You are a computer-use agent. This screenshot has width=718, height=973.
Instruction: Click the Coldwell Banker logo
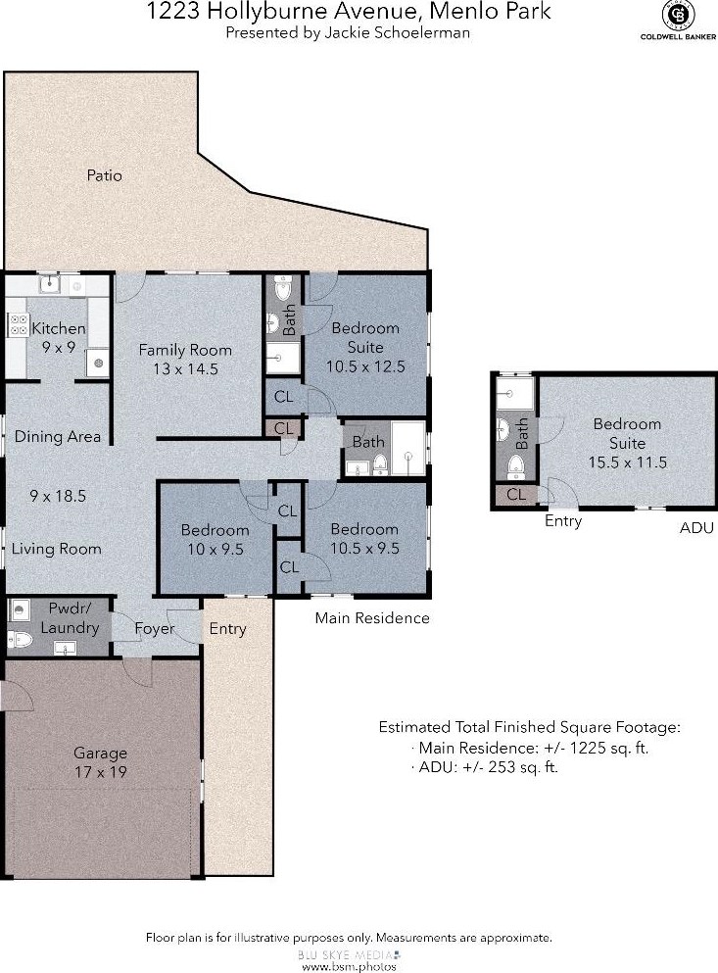click(x=678, y=21)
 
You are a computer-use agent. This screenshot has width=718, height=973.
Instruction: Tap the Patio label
click(x=104, y=175)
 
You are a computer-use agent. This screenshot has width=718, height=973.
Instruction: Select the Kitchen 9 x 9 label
click(x=59, y=338)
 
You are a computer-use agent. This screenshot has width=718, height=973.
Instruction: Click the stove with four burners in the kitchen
click(x=18, y=324)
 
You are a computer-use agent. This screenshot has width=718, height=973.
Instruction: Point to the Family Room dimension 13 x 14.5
click(x=185, y=369)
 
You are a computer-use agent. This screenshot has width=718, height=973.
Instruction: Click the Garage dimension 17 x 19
click(x=100, y=772)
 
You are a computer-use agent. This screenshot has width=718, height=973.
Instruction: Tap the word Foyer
click(x=155, y=629)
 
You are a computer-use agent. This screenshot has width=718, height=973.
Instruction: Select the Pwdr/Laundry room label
click(x=71, y=618)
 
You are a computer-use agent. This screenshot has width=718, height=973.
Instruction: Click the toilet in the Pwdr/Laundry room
click(x=20, y=639)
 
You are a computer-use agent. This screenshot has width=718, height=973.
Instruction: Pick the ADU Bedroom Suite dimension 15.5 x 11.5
click(x=628, y=462)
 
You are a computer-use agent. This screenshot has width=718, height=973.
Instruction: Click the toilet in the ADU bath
click(x=516, y=466)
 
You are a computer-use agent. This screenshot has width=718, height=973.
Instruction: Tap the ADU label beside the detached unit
click(x=696, y=528)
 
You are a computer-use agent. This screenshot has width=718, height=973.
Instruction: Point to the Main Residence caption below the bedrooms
click(x=372, y=618)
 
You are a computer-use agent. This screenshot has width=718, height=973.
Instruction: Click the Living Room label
click(x=57, y=549)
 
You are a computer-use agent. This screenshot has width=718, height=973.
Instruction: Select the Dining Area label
click(x=57, y=437)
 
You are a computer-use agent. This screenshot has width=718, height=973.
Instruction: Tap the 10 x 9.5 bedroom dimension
click(x=215, y=549)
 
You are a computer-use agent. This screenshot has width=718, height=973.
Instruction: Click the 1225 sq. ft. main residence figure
click(x=608, y=748)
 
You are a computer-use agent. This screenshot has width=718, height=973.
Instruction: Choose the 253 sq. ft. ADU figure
click(x=523, y=767)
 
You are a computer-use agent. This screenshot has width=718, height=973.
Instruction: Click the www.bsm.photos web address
click(x=349, y=966)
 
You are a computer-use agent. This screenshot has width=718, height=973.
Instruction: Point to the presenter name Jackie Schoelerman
click(x=397, y=33)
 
